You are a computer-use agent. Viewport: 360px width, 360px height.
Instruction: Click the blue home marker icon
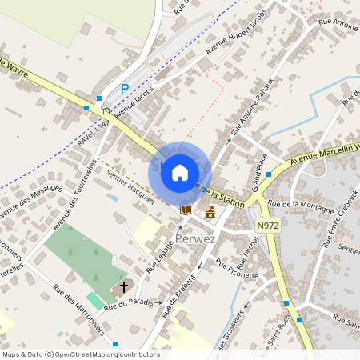click(180, 172)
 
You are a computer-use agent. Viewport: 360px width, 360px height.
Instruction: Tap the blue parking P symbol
click(124, 89)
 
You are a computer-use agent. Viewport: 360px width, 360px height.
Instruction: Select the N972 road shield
click(268, 226)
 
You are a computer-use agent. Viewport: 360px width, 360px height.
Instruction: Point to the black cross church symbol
click(124, 286)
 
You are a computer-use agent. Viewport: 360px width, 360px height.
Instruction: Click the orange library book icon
click(186, 210)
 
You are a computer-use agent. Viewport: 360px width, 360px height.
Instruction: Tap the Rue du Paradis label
click(128, 302)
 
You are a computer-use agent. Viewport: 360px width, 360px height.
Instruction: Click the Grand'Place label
click(259, 174)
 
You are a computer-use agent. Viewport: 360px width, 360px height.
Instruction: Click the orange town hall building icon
click(210, 212)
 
